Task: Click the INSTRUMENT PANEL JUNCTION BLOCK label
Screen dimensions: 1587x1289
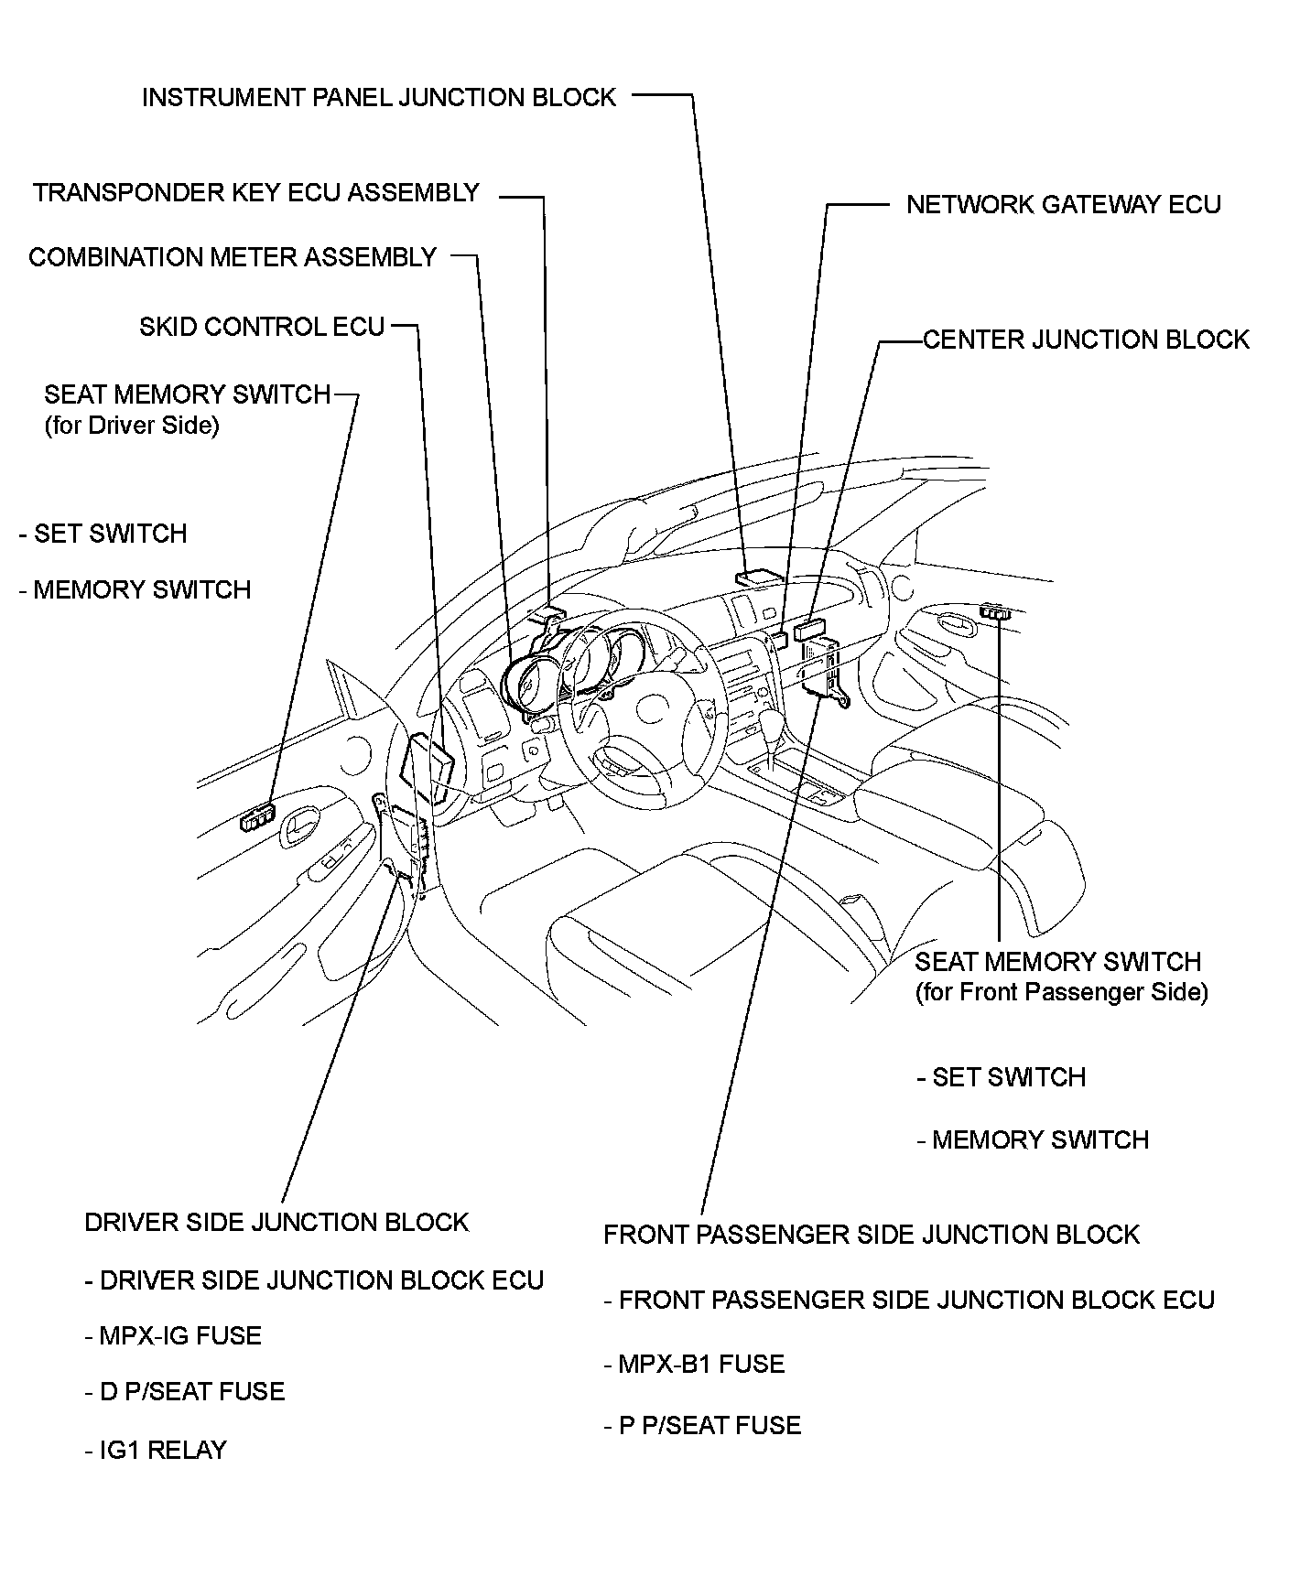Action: [x=379, y=97]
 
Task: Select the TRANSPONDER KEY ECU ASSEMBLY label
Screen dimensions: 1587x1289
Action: [x=256, y=192]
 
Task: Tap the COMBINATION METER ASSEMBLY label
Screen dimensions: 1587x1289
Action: [x=233, y=257]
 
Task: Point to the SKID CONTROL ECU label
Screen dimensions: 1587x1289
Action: [x=262, y=327]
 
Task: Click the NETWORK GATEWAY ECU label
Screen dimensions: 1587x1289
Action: [x=1063, y=204]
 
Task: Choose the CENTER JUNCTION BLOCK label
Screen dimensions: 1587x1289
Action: [x=1086, y=340]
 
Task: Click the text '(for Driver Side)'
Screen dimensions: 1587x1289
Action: [x=132, y=426]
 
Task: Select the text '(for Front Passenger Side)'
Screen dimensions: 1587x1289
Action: [x=1061, y=992]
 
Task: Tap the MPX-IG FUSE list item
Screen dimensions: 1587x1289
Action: [x=173, y=1336]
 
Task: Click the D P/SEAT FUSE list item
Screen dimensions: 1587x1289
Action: [x=184, y=1392]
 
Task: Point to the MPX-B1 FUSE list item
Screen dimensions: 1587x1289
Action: [x=694, y=1365]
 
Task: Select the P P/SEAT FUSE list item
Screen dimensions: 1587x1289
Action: [x=702, y=1426]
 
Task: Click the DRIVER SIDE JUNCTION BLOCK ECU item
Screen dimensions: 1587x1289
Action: [x=314, y=1280]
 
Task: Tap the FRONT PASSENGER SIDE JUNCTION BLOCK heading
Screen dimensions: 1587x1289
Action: [x=871, y=1235]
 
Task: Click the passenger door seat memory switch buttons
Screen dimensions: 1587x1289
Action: [x=993, y=611]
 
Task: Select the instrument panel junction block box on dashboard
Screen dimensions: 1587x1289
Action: [x=758, y=577]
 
